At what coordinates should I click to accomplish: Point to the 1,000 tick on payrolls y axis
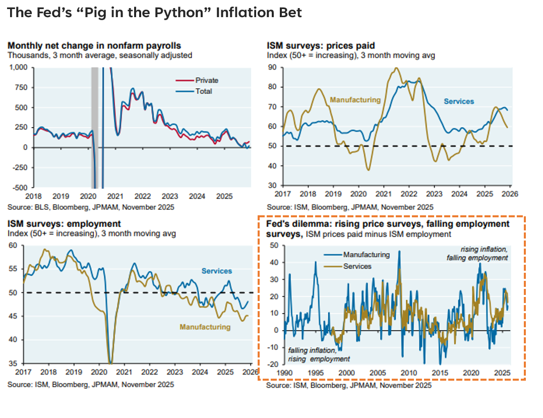(x=18, y=67)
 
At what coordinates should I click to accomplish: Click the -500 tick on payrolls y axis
(x=20, y=188)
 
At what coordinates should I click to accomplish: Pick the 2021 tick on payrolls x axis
(x=115, y=196)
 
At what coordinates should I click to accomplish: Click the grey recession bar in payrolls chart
(x=94, y=126)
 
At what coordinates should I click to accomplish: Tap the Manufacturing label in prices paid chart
(x=355, y=100)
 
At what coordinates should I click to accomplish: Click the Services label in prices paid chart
(x=459, y=101)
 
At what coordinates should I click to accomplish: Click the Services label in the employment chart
(x=217, y=271)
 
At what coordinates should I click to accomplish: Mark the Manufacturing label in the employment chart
(x=205, y=327)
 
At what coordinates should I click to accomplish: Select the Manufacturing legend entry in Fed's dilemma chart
(x=367, y=255)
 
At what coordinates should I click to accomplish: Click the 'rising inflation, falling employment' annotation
(x=477, y=254)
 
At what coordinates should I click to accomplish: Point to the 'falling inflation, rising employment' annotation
(x=319, y=354)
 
